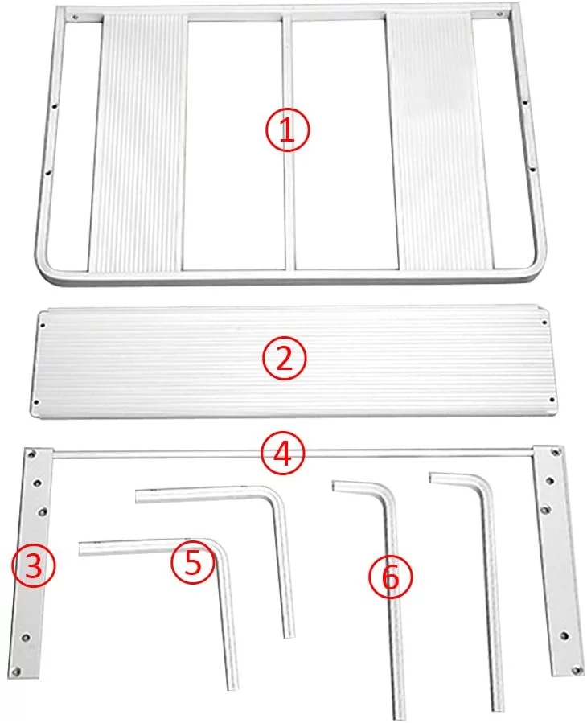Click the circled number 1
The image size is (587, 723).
287,130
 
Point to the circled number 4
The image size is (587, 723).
281,454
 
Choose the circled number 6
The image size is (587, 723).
391,577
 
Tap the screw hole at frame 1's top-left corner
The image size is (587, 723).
75,17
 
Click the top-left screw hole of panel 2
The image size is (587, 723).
42,324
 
